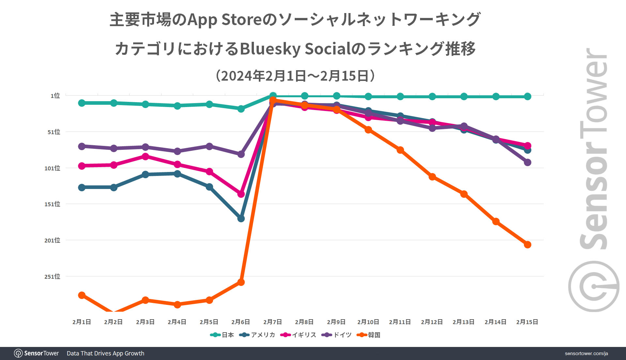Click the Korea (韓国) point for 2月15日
point(527,244)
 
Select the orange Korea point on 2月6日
point(241,282)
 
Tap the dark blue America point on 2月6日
point(241,218)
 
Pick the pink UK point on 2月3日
point(146,156)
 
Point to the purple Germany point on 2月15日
point(527,162)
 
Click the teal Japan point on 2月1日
point(82,103)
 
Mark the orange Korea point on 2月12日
point(432,177)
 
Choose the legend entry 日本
point(227,335)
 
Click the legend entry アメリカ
point(263,335)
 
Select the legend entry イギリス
point(304,335)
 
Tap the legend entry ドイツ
point(342,335)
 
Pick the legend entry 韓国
point(374,335)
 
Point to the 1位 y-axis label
point(55,96)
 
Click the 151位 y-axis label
point(52,204)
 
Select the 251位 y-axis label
point(52,276)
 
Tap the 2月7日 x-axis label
point(273,322)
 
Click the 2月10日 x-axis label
point(368,322)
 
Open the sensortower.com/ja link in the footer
point(586,353)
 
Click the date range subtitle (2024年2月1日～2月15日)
point(295,76)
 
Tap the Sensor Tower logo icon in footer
point(18,353)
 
